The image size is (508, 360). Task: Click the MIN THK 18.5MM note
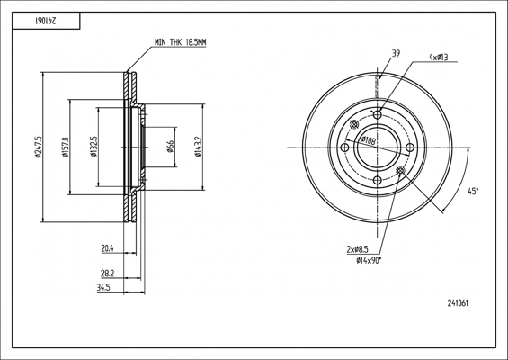tap(180, 42)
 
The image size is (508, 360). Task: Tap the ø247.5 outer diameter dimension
tap(39, 147)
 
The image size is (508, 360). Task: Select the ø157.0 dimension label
tap(66, 147)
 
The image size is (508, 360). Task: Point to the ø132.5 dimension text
tap(94, 147)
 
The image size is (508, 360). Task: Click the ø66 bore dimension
tap(170, 147)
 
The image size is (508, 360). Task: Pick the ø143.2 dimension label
tap(198, 147)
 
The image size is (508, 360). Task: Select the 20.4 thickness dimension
tap(108, 248)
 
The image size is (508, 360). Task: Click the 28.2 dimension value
tap(108, 274)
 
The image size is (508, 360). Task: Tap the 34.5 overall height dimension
tap(103, 288)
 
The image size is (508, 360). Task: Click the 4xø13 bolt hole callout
tap(439, 58)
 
